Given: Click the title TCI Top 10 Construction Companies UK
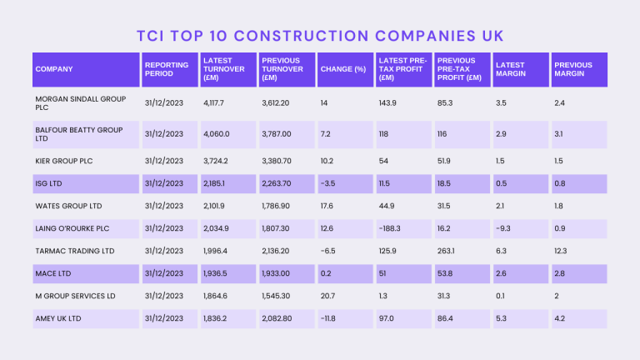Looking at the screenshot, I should (320, 36).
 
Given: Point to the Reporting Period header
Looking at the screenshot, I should (160, 69).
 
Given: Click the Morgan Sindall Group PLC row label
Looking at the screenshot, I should (79, 102).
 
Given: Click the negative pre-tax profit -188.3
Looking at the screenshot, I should (390, 228).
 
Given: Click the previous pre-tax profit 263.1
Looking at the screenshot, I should (448, 251).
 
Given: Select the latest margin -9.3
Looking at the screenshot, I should (503, 228).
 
